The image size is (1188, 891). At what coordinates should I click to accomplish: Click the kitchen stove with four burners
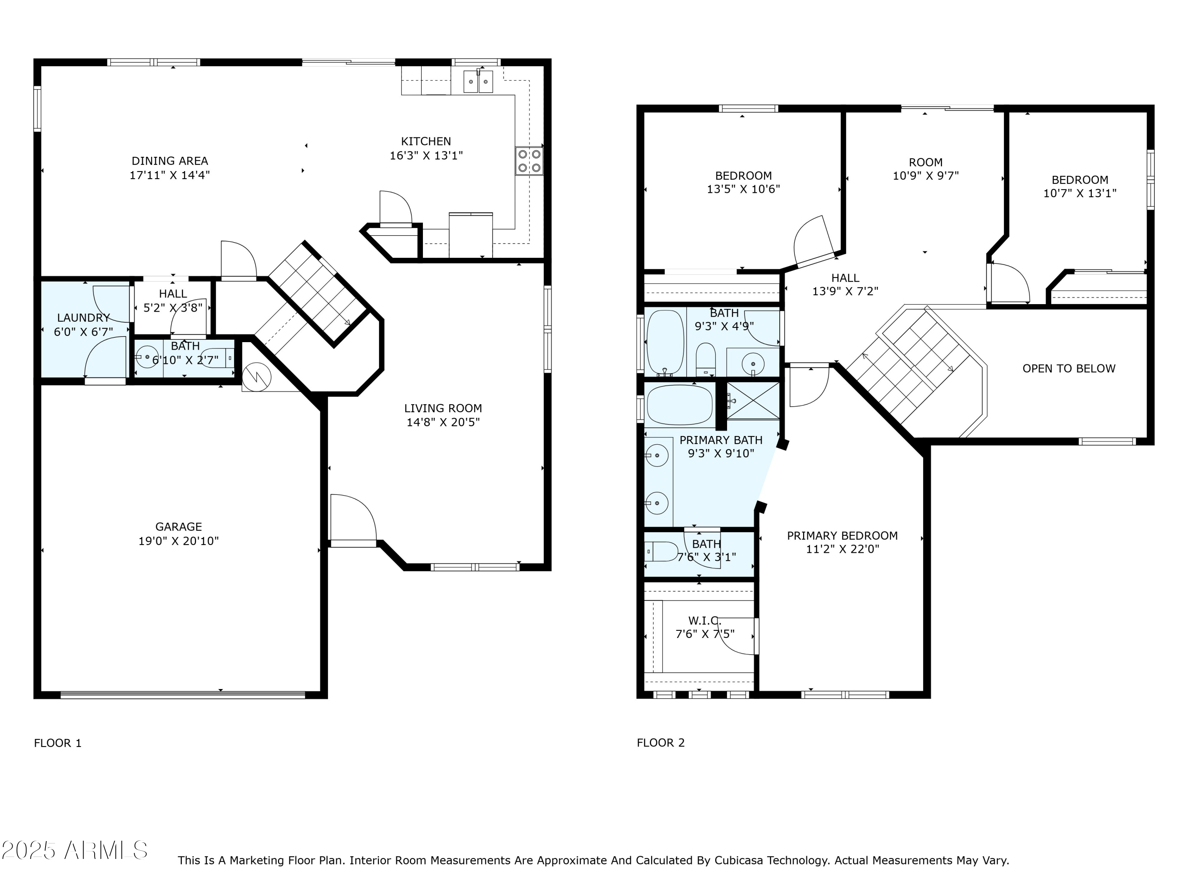click(529, 161)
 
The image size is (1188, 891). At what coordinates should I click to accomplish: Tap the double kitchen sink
click(478, 82)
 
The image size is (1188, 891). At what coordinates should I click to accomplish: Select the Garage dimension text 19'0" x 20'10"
click(179, 541)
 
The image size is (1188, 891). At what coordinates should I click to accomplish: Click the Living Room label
click(443, 408)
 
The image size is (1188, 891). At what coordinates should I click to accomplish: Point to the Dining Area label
click(170, 161)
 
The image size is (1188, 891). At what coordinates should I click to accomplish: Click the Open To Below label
click(1069, 368)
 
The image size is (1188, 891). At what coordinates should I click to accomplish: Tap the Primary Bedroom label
click(842, 535)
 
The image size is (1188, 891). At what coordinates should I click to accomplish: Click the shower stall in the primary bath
click(753, 400)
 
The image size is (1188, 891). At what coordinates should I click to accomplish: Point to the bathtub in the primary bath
click(680, 406)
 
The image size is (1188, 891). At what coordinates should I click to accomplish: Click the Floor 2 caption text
click(661, 743)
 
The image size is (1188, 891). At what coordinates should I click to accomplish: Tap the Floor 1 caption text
click(57, 743)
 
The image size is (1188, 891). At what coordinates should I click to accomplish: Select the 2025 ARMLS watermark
click(75, 850)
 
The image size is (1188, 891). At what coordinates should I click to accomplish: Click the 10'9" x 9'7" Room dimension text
click(925, 175)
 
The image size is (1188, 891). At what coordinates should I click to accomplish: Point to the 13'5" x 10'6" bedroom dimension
click(743, 189)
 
